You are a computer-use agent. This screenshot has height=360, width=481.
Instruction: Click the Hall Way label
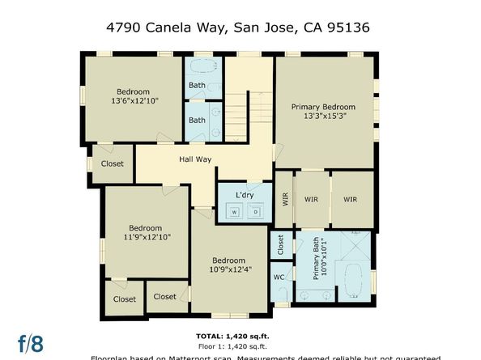point(195,159)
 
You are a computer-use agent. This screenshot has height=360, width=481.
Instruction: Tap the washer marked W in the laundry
point(234,212)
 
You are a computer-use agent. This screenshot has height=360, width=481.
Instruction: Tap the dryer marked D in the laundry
point(255,212)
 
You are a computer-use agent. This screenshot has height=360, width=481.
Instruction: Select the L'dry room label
point(245,196)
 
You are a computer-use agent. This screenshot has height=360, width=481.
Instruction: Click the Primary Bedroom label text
point(323,107)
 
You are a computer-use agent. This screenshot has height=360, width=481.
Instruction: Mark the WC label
point(279,277)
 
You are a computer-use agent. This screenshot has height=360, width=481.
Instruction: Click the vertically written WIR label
point(285,198)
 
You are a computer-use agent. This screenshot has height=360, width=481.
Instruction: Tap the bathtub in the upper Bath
point(202,67)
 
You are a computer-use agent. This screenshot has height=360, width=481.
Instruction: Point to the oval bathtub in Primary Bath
point(352,281)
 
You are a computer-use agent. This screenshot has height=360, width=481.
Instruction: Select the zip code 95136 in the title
point(351,27)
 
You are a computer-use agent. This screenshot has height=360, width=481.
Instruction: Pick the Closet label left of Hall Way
point(113,163)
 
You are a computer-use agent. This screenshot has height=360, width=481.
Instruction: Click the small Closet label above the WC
point(279,245)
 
